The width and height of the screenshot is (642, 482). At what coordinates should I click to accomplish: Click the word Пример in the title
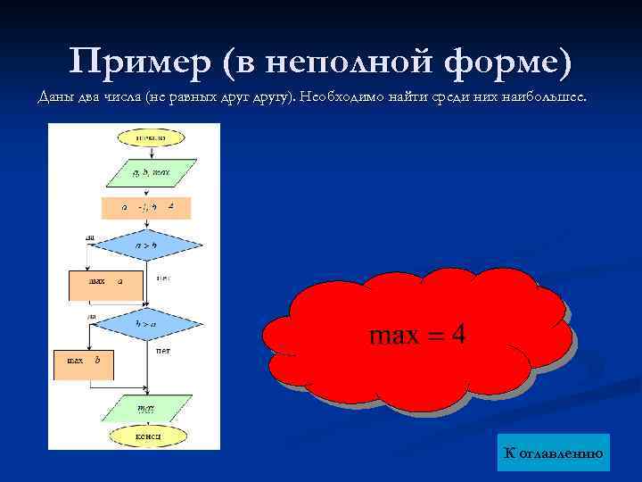point(138,62)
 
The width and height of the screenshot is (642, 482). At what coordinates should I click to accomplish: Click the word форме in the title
point(505,62)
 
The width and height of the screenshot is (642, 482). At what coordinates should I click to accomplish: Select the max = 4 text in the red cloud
point(417,335)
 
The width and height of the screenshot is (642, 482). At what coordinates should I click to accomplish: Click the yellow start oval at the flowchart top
point(148,138)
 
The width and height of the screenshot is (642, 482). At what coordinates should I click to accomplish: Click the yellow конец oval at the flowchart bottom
point(148,436)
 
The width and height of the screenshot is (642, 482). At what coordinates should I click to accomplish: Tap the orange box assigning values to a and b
point(144,208)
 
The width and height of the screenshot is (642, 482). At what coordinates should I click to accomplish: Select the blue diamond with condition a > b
point(146,245)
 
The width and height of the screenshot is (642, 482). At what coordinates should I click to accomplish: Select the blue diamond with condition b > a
point(146,325)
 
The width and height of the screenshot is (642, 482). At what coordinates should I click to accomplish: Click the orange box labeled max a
point(104,282)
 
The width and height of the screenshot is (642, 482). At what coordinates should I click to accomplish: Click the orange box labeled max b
point(83,361)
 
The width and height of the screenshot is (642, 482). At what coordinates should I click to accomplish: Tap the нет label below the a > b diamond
point(163,278)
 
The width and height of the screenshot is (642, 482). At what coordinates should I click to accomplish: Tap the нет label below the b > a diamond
point(163,351)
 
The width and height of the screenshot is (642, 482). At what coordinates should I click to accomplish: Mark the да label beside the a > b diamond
point(91,237)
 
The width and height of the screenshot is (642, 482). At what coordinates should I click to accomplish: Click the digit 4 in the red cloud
point(457,335)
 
